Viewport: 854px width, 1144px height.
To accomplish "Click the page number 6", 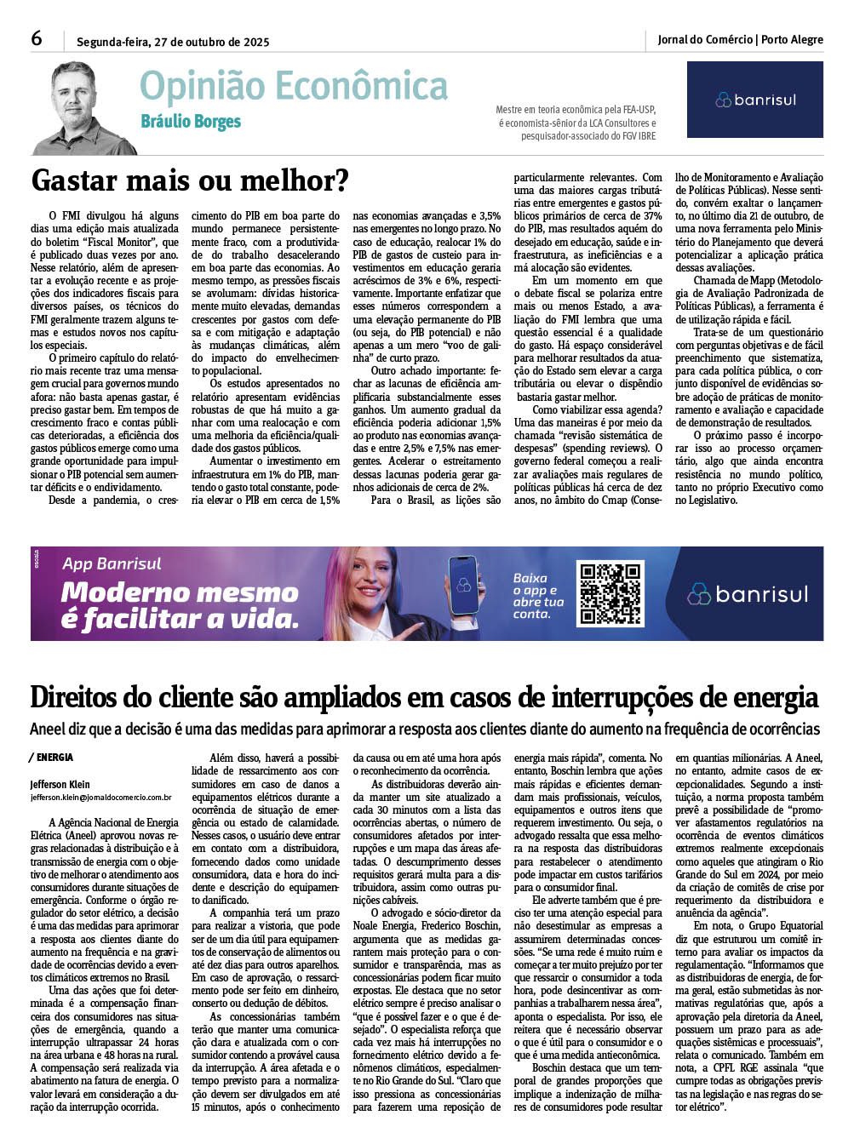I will coord(37,39).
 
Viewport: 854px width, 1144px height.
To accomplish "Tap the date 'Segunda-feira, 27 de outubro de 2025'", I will coord(173,42).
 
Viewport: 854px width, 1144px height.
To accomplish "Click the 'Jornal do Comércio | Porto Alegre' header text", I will coord(740,39).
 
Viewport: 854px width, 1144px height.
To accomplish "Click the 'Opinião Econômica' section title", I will coord(293,86).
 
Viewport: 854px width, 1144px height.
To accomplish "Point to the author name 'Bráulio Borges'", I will coord(191,122).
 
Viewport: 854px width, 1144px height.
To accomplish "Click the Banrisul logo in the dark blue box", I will coord(754,100).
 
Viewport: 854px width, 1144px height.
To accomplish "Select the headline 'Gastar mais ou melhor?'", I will coord(190,180).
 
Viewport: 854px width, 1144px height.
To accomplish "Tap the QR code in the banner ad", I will coord(610,593).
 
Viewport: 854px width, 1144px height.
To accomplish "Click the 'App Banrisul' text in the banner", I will coord(112,563).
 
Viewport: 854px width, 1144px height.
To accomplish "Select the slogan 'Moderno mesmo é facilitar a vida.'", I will coord(180,605).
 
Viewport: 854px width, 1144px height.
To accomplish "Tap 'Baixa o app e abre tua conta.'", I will coord(538,596).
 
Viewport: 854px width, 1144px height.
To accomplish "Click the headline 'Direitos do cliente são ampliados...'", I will coord(424,698).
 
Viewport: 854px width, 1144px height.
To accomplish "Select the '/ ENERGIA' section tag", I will coord(52,757).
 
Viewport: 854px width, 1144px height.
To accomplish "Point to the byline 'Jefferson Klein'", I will coord(60,784).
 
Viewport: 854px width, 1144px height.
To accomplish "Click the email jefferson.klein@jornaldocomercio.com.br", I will coord(100,798).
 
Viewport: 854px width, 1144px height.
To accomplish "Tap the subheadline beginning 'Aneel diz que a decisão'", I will coord(424,729).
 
